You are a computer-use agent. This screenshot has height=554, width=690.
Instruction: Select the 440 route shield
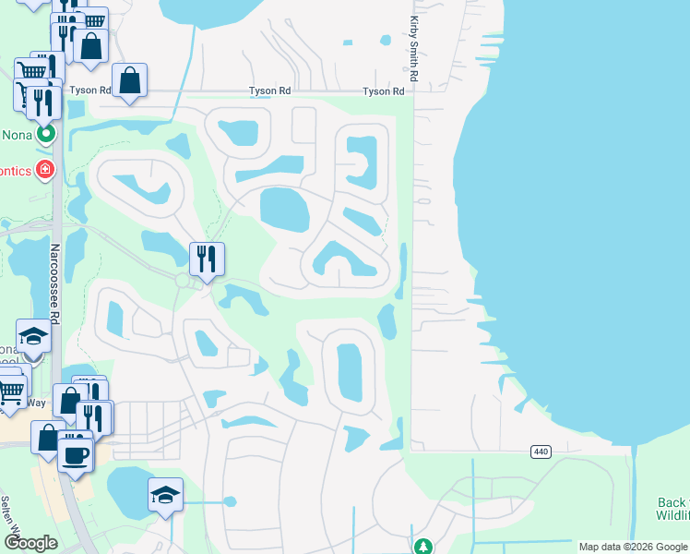pos(541,452)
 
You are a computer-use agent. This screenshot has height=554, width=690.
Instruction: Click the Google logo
pos(30,543)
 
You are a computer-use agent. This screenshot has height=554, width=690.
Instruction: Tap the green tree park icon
pos(423,547)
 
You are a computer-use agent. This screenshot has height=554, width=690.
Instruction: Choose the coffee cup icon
pos(75,452)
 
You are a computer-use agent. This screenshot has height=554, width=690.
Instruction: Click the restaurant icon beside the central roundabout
pos(207,258)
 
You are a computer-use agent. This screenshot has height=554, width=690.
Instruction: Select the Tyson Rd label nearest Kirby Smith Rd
pos(384,91)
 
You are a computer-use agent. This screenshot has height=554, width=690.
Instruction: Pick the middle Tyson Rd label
pos(270,91)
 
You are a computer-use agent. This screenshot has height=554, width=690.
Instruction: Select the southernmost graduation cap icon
pos(165,496)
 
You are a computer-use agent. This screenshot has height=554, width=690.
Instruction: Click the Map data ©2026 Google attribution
pos(633,547)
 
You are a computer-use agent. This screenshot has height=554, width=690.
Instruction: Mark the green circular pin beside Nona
pos(45,135)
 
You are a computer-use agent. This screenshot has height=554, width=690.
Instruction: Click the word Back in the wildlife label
pos(672,503)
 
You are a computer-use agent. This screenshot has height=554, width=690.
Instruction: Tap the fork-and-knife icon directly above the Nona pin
pos(42,101)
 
